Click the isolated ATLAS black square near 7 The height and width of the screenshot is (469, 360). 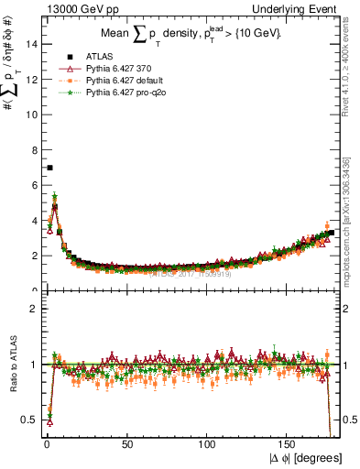click(x=49, y=168)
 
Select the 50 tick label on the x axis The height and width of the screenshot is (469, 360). click(x=126, y=444)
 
